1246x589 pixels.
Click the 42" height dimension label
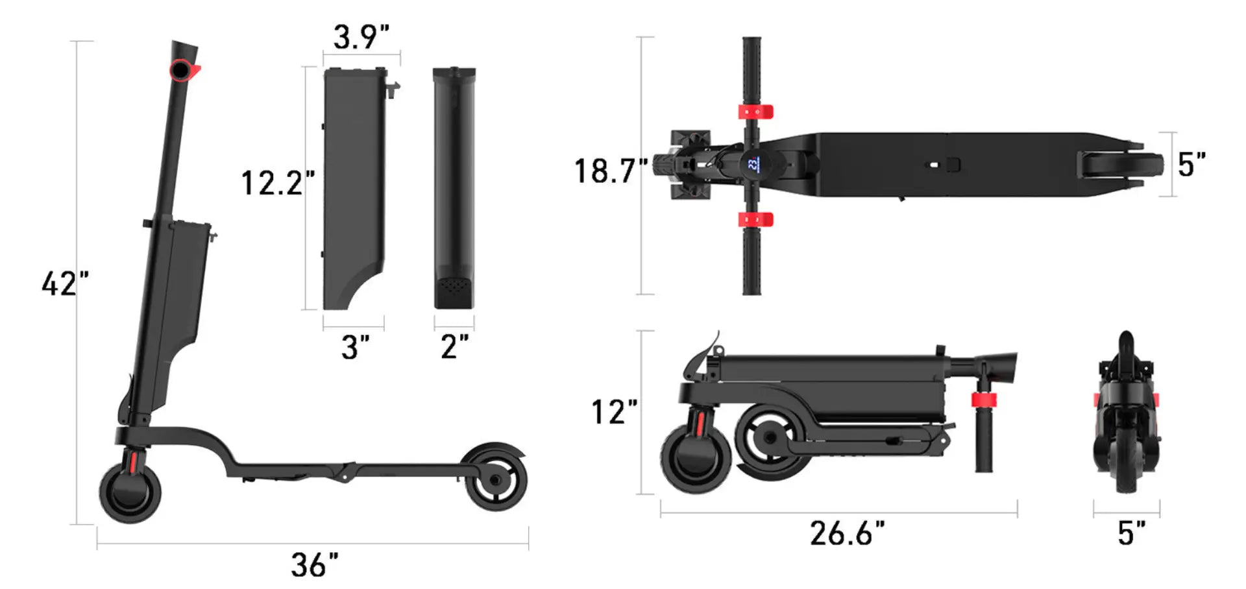65,283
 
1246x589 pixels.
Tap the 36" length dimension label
315,565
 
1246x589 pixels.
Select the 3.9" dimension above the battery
361,36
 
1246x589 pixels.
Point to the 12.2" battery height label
278,183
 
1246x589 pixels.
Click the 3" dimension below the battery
355,348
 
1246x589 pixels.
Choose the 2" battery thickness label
454,346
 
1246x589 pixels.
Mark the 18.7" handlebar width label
611,171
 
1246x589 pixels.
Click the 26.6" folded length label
847,533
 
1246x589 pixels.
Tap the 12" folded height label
614,412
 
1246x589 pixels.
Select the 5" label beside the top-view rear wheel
1191,165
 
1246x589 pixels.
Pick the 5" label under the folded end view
1131,533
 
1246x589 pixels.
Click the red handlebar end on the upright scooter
184,70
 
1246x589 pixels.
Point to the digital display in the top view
752,163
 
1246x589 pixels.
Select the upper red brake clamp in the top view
755,112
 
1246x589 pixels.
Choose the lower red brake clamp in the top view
755,219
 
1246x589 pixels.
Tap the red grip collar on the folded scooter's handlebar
984,399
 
